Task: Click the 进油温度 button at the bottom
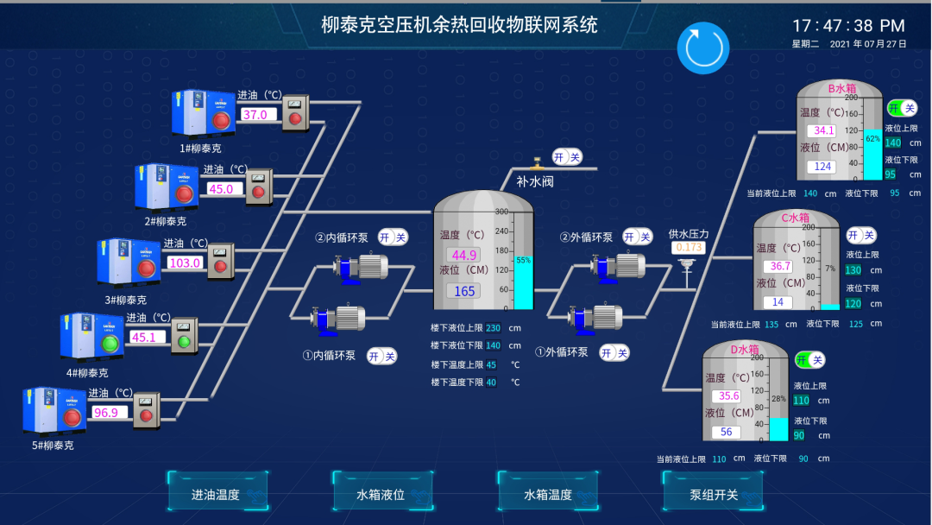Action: click(216, 495)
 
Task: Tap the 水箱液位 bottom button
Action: click(381, 495)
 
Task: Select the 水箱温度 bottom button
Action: click(548, 495)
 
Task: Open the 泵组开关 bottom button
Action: click(713, 495)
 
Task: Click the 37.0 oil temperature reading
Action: click(257, 115)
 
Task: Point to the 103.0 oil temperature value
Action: click(184, 263)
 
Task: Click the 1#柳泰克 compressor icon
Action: click(204, 113)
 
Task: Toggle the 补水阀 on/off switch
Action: click(567, 156)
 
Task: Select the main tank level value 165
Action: click(464, 291)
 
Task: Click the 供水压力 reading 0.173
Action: click(688, 248)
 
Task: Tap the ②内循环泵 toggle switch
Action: click(393, 237)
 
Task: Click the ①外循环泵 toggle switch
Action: click(614, 352)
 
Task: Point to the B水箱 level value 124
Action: click(822, 167)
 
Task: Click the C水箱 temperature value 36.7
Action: click(779, 266)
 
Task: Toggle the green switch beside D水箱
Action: click(809, 359)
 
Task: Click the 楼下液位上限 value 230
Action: click(493, 328)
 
